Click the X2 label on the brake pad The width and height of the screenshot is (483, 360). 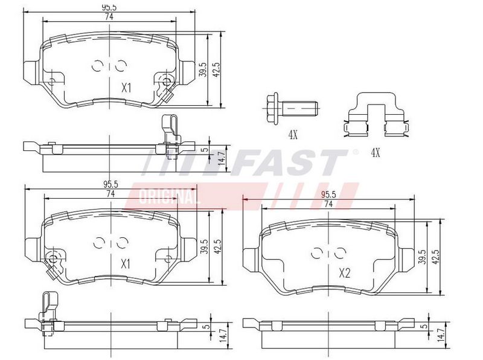coord(344,273)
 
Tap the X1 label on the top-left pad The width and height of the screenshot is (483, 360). coord(126,88)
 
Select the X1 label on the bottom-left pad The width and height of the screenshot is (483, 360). coord(126,264)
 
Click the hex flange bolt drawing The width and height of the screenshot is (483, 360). coord(290,109)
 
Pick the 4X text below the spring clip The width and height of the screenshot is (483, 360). coord(375,152)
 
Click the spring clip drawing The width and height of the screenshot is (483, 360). coord(376,114)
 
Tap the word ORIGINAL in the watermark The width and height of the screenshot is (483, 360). coord(169,196)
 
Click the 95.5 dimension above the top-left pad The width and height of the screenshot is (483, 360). coord(109,7)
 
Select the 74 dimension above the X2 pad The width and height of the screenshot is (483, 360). coord(328,204)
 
